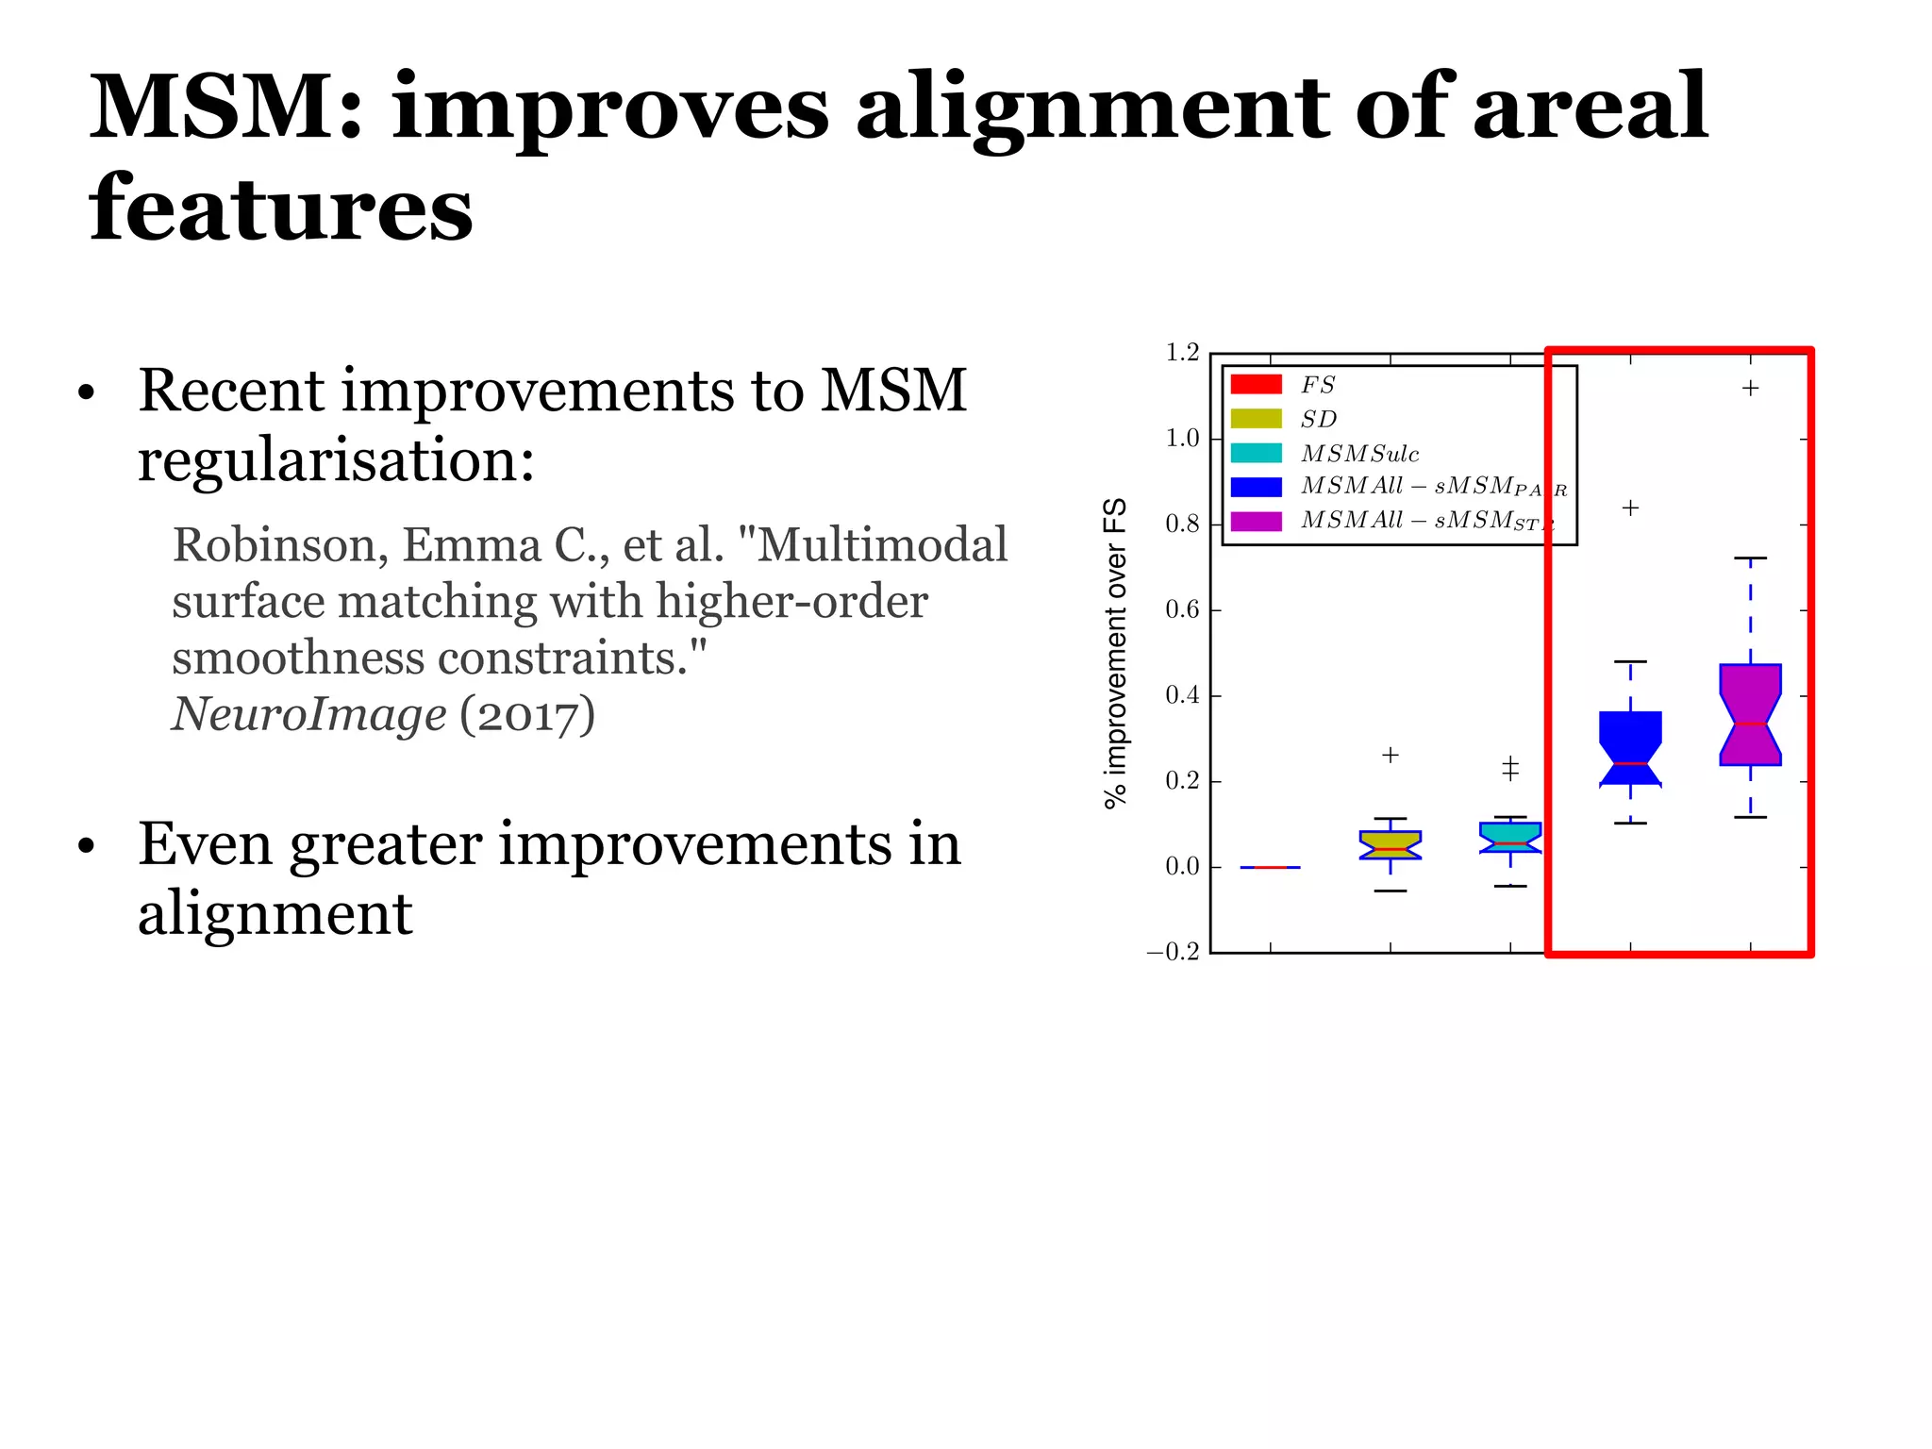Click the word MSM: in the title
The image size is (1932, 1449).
click(226, 108)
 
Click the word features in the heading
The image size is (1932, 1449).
click(281, 209)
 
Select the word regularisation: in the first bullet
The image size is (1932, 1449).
click(336, 462)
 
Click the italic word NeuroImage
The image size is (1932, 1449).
click(308, 714)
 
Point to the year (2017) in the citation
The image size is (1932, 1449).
click(527, 714)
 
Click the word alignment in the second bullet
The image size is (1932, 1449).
click(275, 914)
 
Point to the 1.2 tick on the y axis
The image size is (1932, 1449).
click(1182, 353)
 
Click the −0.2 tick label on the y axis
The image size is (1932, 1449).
click(1173, 952)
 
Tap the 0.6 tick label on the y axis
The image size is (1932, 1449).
click(1182, 610)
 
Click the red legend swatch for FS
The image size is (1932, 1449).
click(1256, 384)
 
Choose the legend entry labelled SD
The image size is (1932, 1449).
click(1318, 419)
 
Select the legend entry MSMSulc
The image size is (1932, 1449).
click(1359, 454)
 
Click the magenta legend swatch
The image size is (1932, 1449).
click(1256, 522)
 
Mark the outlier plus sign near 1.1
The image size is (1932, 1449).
click(1750, 388)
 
